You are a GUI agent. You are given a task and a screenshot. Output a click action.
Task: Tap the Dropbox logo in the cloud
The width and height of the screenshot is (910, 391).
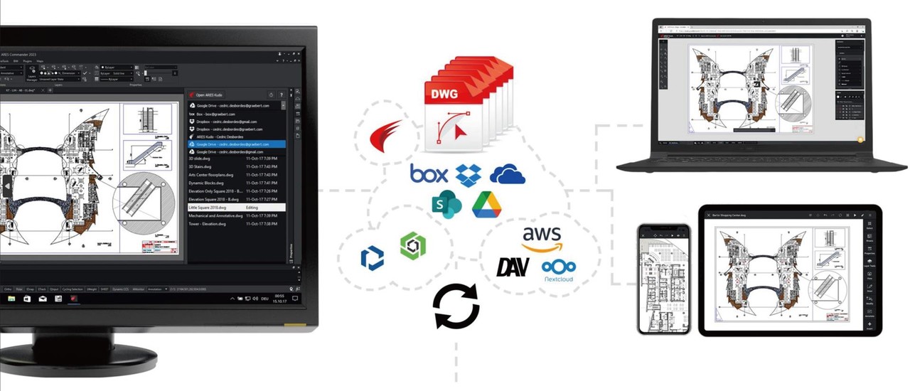tap(469, 174)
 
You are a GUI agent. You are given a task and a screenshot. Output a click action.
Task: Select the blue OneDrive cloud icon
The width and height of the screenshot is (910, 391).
tap(507, 174)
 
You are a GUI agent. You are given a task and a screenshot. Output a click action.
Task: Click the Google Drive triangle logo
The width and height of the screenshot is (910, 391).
tap(486, 205)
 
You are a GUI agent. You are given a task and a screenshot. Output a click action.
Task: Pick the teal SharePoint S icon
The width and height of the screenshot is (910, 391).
tap(446, 205)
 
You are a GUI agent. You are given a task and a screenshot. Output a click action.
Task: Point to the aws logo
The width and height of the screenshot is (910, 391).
tap(541, 239)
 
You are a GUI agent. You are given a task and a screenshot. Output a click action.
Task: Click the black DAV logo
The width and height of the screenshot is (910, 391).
tap(513, 267)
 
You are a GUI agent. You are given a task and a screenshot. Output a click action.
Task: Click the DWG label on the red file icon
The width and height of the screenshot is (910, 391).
tap(444, 95)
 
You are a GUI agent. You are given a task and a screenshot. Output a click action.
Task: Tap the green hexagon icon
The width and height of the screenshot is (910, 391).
tap(412, 246)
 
